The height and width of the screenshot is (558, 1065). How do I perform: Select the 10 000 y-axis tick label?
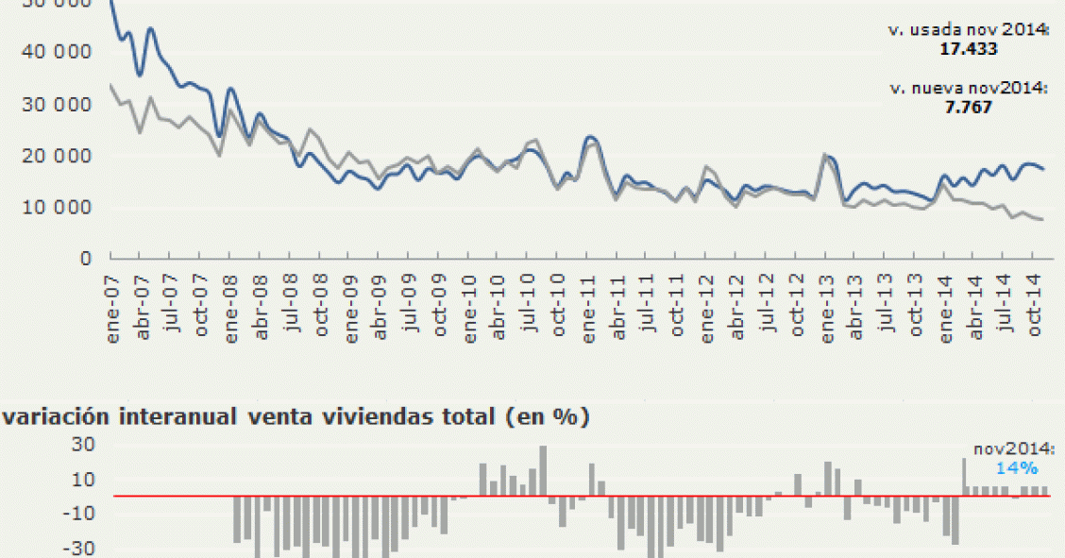tap(62, 208)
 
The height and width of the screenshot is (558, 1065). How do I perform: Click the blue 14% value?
tap(1017, 467)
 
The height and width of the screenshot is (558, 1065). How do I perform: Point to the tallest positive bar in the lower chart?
tap(543, 470)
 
